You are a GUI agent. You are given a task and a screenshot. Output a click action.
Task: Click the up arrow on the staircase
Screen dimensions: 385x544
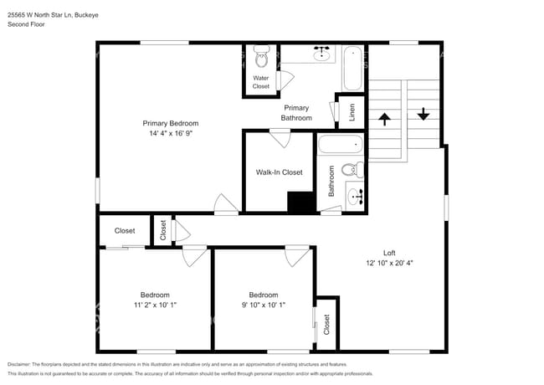(385, 119)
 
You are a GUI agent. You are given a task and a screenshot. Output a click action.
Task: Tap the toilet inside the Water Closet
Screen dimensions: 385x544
(260, 59)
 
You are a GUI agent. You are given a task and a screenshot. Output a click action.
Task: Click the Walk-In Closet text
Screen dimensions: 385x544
(279, 172)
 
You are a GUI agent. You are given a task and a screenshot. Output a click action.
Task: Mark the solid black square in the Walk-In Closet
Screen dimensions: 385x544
(299, 203)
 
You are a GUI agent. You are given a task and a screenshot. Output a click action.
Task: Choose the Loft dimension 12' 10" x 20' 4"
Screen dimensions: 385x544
(388, 263)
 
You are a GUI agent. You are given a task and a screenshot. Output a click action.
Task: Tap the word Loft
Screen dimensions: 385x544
(388, 253)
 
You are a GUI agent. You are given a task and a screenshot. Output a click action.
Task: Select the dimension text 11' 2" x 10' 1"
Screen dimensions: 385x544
(155, 305)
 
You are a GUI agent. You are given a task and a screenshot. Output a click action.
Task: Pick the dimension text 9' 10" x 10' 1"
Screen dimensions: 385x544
(264, 305)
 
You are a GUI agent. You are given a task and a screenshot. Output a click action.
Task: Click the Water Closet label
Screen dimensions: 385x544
(261, 82)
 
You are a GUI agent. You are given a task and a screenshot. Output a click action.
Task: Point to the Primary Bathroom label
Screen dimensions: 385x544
(296, 113)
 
